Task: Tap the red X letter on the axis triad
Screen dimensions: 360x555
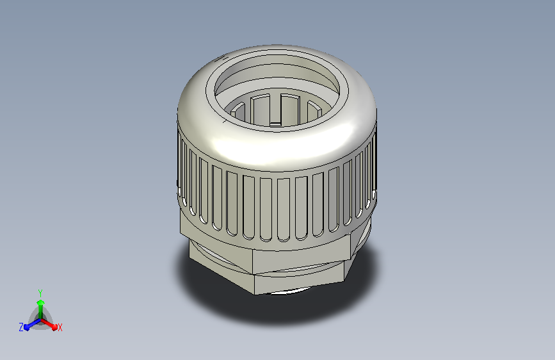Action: coord(60,327)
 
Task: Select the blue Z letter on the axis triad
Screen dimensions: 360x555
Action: coord(21,327)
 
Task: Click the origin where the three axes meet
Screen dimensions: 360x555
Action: coord(40,318)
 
